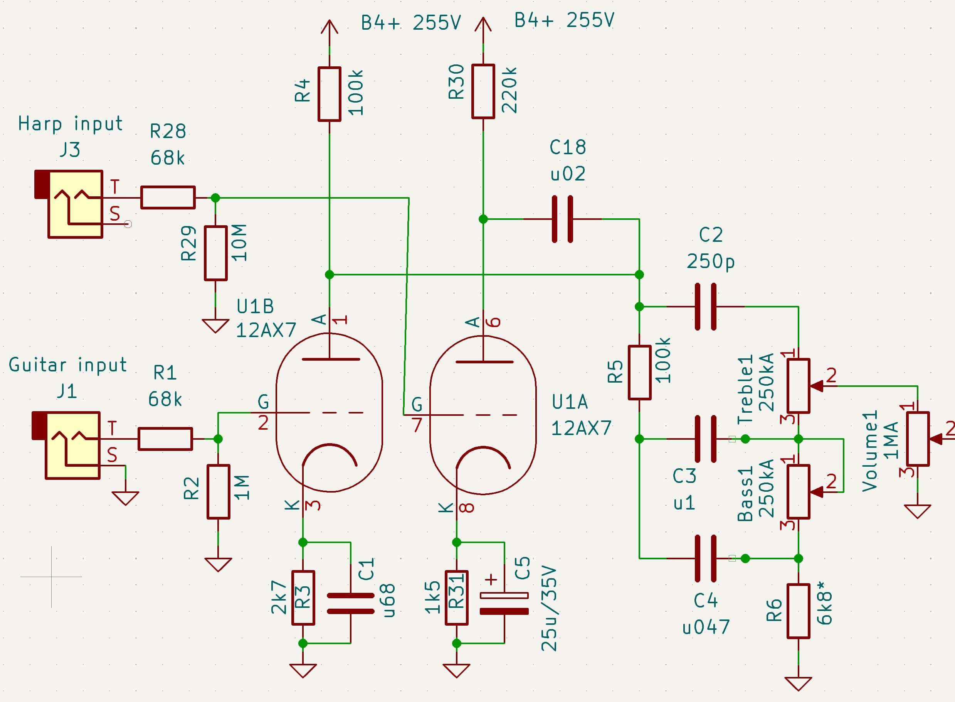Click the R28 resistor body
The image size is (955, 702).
point(168,197)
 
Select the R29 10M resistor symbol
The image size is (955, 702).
point(216,254)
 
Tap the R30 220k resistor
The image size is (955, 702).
point(483,91)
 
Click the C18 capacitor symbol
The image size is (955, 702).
point(562,219)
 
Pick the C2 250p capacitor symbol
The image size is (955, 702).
point(706,306)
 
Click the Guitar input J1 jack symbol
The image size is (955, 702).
point(66,445)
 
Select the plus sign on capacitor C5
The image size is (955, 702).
point(491,579)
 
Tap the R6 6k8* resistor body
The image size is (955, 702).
point(798,611)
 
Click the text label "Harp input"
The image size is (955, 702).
point(70,124)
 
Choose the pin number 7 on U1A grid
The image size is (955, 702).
point(417,425)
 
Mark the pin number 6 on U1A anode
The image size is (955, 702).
point(493,322)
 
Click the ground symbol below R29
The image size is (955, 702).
point(216,326)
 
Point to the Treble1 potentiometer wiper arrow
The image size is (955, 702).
point(817,386)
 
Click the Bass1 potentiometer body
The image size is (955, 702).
point(798,492)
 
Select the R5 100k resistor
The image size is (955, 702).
point(639,373)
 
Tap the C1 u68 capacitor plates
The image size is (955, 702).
point(351,603)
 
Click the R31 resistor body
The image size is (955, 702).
point(456,598)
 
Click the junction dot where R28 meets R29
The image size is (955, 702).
point(216,197)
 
